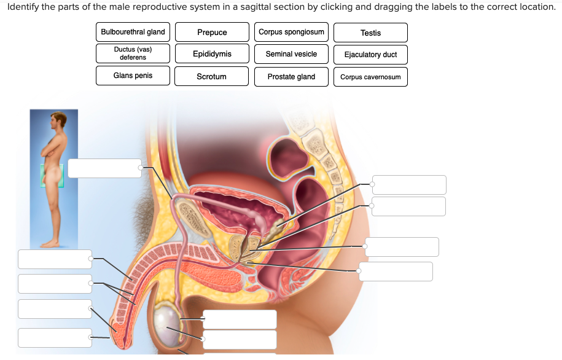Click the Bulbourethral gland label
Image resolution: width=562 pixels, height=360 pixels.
click(133, 32)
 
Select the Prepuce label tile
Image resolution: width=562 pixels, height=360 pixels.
click(212, 33)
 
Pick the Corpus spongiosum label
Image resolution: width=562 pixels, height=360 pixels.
click(291, 32)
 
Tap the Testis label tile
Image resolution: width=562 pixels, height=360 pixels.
click(370, 33)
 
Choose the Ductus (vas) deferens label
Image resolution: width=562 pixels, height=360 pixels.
click(133, 53)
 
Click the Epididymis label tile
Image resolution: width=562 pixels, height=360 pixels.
click(212, 54)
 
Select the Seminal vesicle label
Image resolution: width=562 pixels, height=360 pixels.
click(291, 54)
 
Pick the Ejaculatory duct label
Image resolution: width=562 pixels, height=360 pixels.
click(370, 55)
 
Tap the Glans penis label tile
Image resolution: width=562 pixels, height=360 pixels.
click(133, 76)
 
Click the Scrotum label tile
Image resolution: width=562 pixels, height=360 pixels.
click(212, 77)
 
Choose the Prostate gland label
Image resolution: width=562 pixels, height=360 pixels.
click(291, 77)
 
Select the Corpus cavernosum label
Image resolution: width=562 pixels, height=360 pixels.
click(370, 77)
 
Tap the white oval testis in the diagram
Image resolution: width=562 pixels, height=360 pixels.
click(166, 319)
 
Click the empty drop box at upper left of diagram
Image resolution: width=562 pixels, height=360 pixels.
click(104, 168)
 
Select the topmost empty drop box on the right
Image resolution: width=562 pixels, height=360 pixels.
click(409, 185)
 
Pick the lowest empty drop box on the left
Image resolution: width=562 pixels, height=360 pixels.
click(55, 337)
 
